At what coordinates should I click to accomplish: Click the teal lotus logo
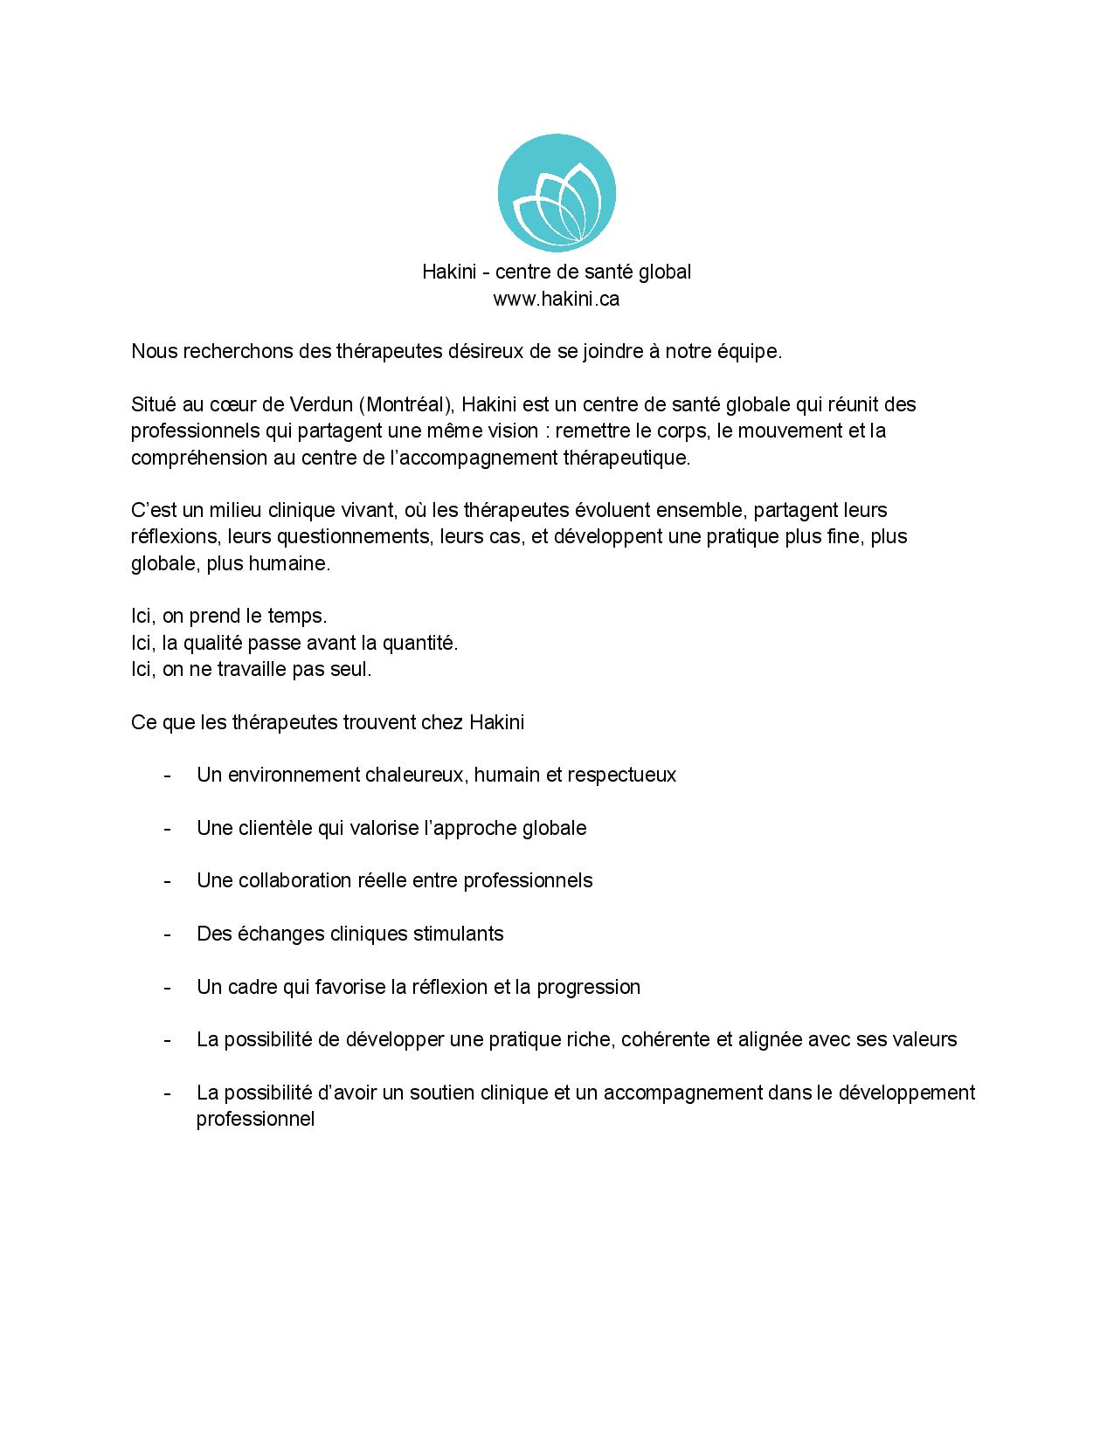coord(557,193)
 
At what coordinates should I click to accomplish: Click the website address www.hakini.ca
coord(557,299)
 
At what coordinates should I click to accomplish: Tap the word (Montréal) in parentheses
coord(405,404)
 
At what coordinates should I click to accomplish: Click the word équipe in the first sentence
coord(751,351)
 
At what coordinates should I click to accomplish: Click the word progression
coord(588,987)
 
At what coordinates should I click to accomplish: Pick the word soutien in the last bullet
coord(443,1093)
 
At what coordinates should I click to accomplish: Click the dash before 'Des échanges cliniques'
coord(166,934)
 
